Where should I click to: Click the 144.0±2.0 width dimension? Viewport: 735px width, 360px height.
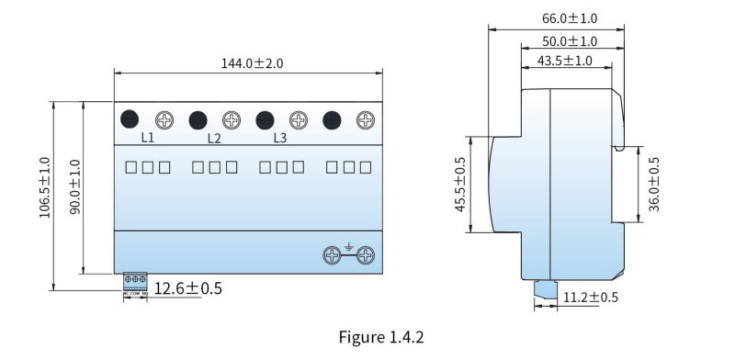tap(252, 63)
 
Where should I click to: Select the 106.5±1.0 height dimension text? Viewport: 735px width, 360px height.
tap(44, 187)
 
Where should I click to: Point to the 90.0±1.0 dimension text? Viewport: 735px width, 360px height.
tap(75, 187)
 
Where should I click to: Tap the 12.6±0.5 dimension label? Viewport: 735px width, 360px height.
tap(188, 288)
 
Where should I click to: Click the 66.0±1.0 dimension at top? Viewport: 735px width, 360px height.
tap(570, 18)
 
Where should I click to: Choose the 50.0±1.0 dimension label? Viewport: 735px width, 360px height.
tap(570, 41)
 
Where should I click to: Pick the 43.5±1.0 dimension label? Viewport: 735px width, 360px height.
tap(564, 61)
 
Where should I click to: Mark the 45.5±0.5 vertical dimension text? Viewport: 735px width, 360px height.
tap(460, 185)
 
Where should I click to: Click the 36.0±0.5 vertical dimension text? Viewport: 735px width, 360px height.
tap(654, 185)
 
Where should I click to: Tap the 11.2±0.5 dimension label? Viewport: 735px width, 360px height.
tap(591, 298)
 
